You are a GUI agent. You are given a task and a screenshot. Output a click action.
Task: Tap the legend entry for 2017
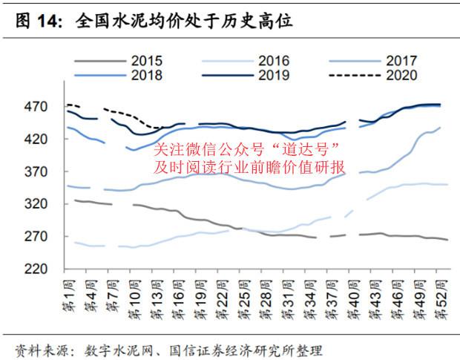[401, 61]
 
